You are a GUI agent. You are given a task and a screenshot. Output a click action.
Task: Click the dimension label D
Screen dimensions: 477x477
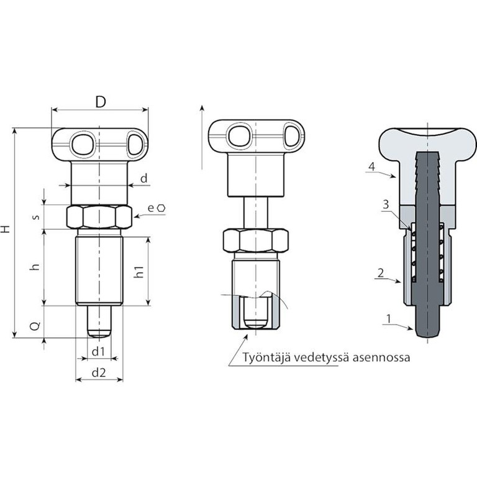tap(101, 102)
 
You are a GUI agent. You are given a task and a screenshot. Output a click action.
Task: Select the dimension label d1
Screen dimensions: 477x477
tap(98, 352)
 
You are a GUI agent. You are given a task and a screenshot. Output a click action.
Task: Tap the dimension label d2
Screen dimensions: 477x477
tap(99, 373)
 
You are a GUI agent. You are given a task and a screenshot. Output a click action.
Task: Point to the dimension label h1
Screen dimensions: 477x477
tap(139, 271)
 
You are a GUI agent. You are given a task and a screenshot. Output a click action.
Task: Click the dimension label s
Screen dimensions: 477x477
tap(36, 217)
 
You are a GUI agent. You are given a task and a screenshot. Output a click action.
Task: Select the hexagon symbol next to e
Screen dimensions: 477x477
tap(161, 208)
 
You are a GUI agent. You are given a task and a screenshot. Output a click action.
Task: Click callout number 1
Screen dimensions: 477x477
tap(388, 319)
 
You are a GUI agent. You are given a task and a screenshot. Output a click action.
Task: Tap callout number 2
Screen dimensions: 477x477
tap(381, 273)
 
